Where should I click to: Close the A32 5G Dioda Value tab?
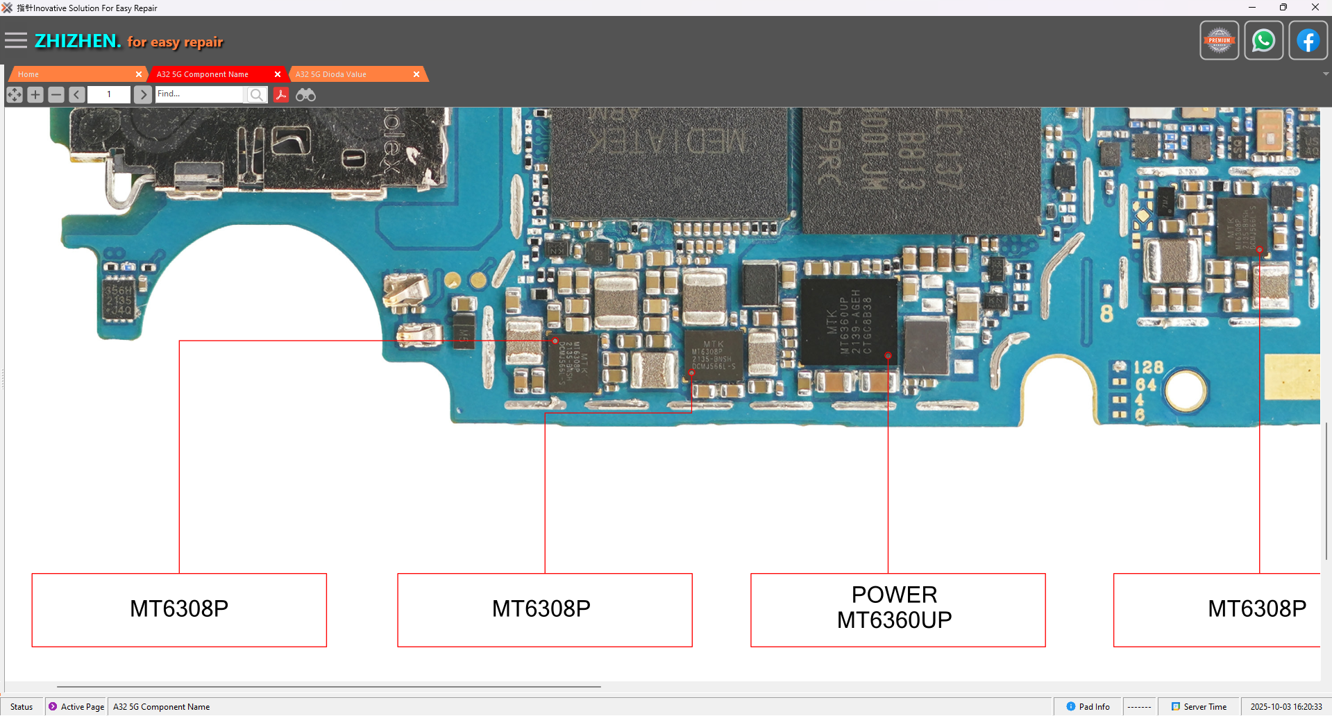[x=416, y=74]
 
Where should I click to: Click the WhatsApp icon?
[x=1263, y=41]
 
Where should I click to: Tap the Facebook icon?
[x=1308, y=41]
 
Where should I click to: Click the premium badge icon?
[x=1219, y=41]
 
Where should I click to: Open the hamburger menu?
[x=15, y=41]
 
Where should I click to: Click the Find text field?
[x=199, y=94]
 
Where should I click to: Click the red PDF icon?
[x=281, y=94]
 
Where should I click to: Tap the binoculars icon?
[x=305, y=94]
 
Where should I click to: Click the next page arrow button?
[x=143, y=94]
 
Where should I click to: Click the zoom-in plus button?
[x=35, y=94]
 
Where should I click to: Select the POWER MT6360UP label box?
[x=897, y=610]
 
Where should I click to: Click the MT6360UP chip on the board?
[x=848, y=321]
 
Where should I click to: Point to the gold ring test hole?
[x=1186, y=389]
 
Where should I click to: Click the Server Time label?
[x=1204, y=707]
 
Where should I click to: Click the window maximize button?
[x=1283, y=8]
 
